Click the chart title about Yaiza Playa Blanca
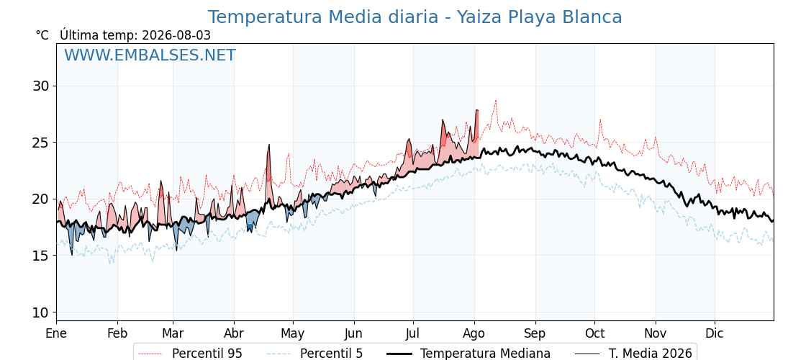pos(415,17)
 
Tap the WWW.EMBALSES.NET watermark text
pos(150,55)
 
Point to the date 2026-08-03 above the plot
pos(176,35)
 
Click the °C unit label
pos(42,35)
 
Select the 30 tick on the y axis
pos(42,86)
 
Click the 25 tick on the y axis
pos(42,142)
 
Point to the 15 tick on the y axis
pos(42,256)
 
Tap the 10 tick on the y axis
pos(42,312)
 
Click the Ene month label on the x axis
pos(57,333)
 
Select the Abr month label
pos(234,333)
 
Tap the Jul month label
pos(413,333)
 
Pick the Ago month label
pos(474,334)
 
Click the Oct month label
pos(594,333)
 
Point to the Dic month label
pos(715,333)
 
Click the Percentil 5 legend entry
pos(314,354)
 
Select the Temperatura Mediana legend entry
pos(467,354)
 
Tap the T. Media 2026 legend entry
pos(633,354)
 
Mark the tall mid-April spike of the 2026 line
pos(268,145)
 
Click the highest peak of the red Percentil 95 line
pos(496,101)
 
